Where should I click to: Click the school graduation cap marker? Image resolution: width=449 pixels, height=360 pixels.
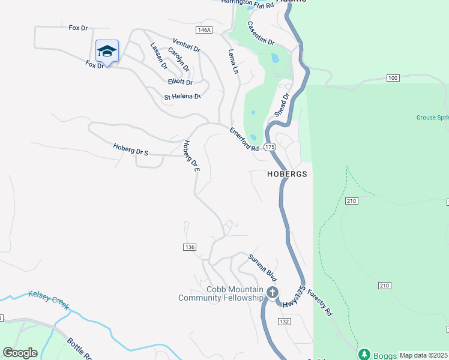coord(107,51)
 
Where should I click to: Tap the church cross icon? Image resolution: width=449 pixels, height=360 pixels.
coord(272,293)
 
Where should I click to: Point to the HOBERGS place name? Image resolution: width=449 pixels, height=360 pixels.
coord(287,174)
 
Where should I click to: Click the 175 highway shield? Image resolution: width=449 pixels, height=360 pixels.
coord(270,147)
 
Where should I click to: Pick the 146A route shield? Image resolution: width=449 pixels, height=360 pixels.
coord(204,30)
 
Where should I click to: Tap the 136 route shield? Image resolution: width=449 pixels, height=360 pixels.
coord(190,247)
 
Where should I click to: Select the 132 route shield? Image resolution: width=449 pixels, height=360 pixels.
coord(285,322)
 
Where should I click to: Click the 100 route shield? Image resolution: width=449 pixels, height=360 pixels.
coord(393,79)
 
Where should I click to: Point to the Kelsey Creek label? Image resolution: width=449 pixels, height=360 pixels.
coord(48,299)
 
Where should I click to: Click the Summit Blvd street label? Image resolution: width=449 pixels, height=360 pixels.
coord(263,268)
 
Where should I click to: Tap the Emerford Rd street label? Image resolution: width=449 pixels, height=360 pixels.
coord(244,139)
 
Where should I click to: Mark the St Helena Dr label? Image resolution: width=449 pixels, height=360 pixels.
coord(182,97)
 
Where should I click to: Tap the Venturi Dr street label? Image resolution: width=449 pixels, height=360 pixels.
coord(186,44)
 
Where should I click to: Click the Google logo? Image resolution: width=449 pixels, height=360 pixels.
coord(20,353)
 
